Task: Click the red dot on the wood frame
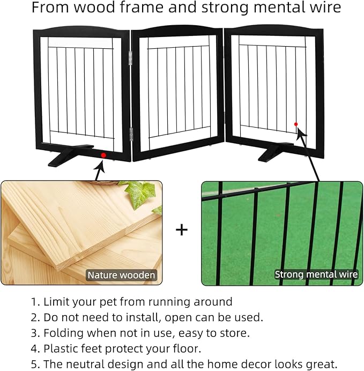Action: pos(103,155)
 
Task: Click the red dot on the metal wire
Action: pos(296,124)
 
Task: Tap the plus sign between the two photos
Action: pos(182,230)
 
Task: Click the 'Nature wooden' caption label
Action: pos(121,275)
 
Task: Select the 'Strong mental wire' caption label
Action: pos(316,274)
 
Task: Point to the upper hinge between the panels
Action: pos(130,58)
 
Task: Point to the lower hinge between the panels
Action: pos(131,133)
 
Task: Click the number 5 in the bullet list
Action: pos(34,364)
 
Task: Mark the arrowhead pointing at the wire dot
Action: pos(301,132)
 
